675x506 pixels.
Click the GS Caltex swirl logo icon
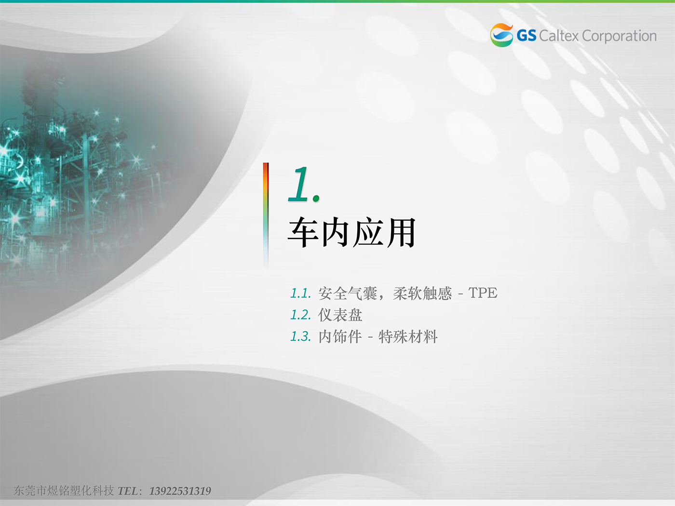(501, 35)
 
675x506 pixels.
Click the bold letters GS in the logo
(526, 36)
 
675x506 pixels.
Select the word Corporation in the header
(620, 36)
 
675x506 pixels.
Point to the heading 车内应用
(352, 232)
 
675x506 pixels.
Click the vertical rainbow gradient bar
(266, 215)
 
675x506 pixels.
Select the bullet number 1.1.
(300, 293)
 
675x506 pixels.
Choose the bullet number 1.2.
(300, 315)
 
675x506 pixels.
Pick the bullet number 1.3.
(300, 336)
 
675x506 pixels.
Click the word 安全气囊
(348, 293)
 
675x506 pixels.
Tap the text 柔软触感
(422, 293)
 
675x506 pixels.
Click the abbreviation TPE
(483, 293)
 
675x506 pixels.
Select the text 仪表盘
(340, 315)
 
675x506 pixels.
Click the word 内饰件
(340, 336)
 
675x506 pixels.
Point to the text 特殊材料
(408, 336)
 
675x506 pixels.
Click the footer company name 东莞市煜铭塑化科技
(64, 491)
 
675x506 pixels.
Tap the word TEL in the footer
(128, 491)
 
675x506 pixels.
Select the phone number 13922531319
(180, 491)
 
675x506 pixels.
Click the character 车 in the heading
(303, 232)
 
